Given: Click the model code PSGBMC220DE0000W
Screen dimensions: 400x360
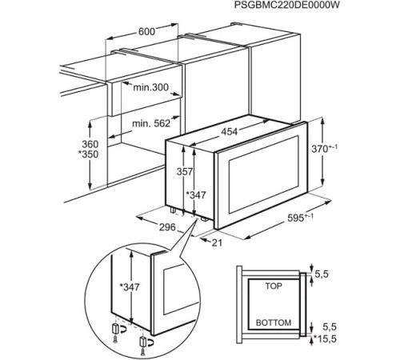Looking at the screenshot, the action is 286,5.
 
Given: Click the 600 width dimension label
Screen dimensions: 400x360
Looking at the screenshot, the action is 146,32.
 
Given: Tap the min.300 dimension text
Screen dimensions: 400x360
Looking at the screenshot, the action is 151,87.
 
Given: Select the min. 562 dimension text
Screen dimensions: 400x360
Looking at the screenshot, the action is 151,123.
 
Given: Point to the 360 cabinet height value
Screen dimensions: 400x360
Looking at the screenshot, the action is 90,144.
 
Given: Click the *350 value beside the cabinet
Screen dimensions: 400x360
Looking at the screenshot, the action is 88,154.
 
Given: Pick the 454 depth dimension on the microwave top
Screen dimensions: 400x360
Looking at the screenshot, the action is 230,131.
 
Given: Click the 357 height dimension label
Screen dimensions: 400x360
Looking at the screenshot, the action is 185,171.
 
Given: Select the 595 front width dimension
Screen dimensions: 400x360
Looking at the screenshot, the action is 300,218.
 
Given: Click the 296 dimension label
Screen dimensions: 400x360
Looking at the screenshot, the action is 167,227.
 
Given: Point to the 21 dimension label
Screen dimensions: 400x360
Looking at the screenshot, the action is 217,242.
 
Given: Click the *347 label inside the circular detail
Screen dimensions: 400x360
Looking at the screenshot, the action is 130,287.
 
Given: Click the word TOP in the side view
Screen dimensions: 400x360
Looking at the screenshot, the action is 274,286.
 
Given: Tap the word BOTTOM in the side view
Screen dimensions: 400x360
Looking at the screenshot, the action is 274,322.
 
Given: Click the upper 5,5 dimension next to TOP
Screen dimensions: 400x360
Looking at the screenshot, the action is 322,274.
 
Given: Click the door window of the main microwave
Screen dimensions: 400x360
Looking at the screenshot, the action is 263,174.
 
